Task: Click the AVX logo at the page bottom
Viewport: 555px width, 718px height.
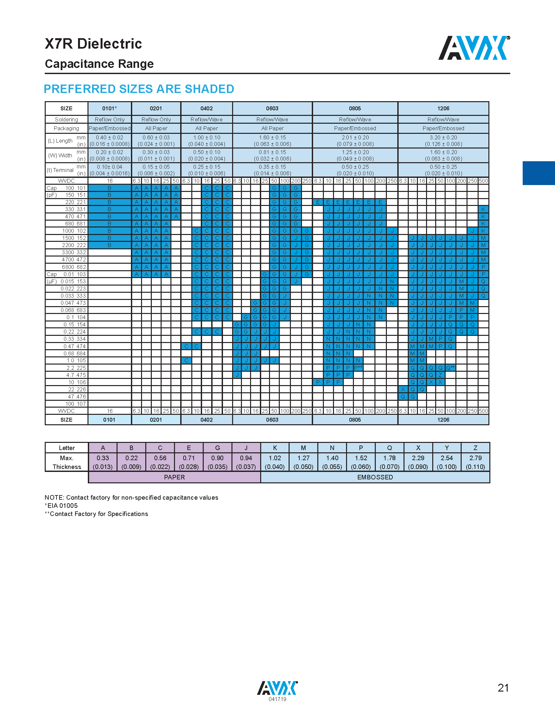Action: coord(277,688)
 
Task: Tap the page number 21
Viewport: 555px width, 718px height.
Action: coord(503,688)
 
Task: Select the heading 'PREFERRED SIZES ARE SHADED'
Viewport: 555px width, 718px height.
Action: coord(139,89)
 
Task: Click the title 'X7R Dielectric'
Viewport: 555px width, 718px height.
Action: coord(93,44)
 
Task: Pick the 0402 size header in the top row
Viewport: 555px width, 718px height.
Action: coord(206,108)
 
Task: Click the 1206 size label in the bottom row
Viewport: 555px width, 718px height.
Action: coord(443,420)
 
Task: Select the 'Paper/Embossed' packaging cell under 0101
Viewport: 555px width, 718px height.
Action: coord(109,128)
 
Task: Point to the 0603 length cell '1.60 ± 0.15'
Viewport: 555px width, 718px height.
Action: coord(272,137)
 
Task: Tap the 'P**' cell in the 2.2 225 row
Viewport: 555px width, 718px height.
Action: coord(358,367)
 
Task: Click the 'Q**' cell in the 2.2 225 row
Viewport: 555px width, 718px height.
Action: coord(450,367)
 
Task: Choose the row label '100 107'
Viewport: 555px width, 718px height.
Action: coord(76,404)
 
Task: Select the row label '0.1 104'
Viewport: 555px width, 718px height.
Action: coord(76,317)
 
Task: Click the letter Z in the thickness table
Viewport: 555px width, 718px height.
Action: coord(475,448)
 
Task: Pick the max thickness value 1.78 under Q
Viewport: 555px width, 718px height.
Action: coord(389,458)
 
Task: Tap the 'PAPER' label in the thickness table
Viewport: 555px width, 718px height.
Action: coord(174,477)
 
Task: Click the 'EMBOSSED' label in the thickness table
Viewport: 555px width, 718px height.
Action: coord(375,477)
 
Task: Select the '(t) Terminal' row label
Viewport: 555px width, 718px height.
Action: coord(60,170)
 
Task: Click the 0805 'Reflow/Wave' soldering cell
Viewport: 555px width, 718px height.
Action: coord(355,119)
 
